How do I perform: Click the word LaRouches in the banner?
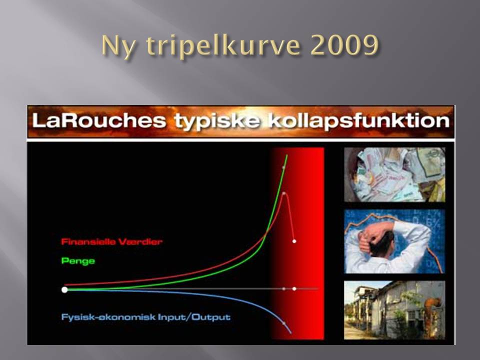point(99,120)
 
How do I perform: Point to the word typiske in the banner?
point(217,122)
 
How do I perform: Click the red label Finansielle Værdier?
point(111,242)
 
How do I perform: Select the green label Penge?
point(78,261)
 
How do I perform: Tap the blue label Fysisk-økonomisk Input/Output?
point(145,317)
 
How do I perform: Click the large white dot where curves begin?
point(64,289)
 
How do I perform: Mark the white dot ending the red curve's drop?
point(294,241)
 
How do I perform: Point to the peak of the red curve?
point(284,193)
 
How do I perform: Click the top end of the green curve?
point(287,155)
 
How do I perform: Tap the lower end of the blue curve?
point(291,333)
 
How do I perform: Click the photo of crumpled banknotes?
point(394,175)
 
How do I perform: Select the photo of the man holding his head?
point(394,241)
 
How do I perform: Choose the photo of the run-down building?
point(394,310)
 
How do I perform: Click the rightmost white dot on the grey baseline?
point(294,288)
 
